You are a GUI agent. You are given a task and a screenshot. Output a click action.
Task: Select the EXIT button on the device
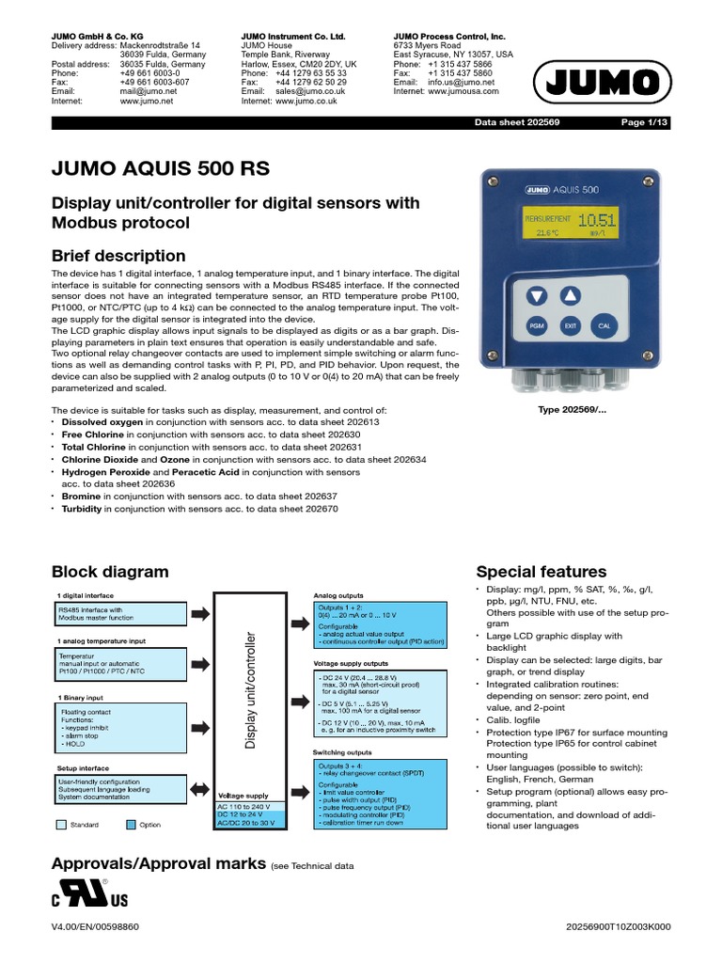[570, 326]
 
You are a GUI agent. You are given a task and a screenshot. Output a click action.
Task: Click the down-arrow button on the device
[536, 296]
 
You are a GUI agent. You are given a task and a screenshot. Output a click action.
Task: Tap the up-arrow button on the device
[570, 296]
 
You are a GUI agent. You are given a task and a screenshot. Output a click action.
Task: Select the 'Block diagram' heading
[110, 572]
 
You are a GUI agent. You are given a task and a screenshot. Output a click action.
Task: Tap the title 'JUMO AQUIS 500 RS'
[160, 169]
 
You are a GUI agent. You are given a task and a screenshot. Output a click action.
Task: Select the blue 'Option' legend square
[132, 825]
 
